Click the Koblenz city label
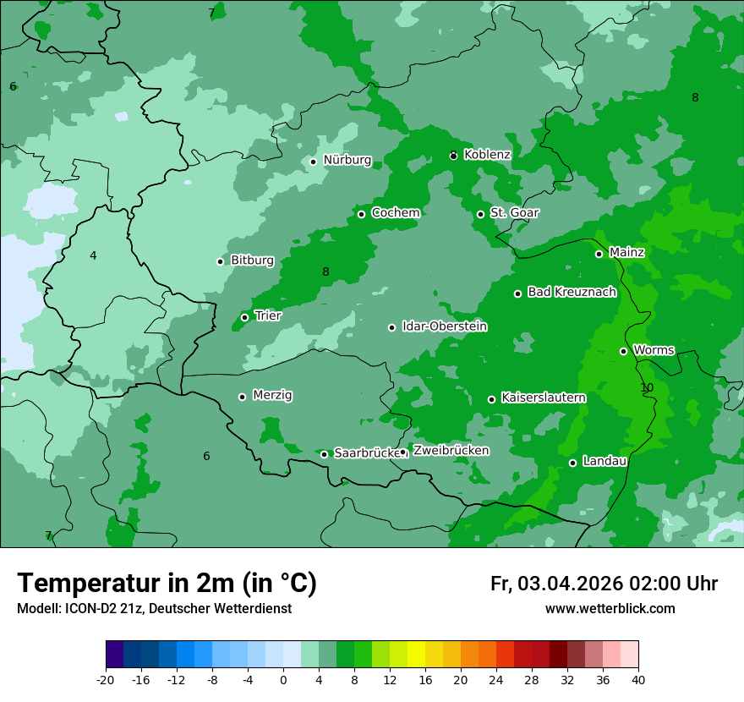coord(487,155)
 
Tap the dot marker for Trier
coord(244,318)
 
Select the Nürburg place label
coord(347,160)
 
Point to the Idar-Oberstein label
coord(444,326)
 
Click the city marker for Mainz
coord(599,254)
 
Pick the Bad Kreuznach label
coord(572,293)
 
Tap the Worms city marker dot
coord(623,351)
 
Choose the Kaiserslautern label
coord(543,398)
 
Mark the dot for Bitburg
coord(220,261)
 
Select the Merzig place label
coord(272,395)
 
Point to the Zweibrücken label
coord(451,451)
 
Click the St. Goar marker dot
coord(480,214)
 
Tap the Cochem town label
coord(395,213)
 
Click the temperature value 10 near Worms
coord(647,387)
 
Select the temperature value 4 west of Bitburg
coord(93,255)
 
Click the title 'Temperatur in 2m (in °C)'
coord(167,583)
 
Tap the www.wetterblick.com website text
coord(610,609)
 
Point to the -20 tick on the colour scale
coord(106,679)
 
